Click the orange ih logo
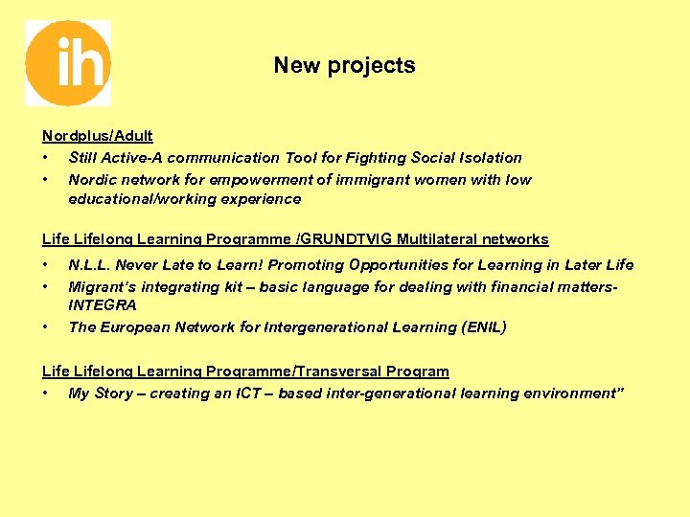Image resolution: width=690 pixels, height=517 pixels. tap(67, 63)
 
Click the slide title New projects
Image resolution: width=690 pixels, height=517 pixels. tap(344, 66)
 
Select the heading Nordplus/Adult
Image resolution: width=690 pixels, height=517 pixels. tap(98, 137)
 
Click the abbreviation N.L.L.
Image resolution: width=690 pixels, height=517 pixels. tap(89, 265)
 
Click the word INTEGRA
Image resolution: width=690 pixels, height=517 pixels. tap(103, 305)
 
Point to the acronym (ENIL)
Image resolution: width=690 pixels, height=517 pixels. tap(484, 327)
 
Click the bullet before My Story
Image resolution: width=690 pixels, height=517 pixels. tap(45, 393)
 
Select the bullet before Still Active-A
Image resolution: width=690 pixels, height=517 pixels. tap(45, 158)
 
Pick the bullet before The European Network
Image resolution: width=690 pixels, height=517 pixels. tap(45, 327)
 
